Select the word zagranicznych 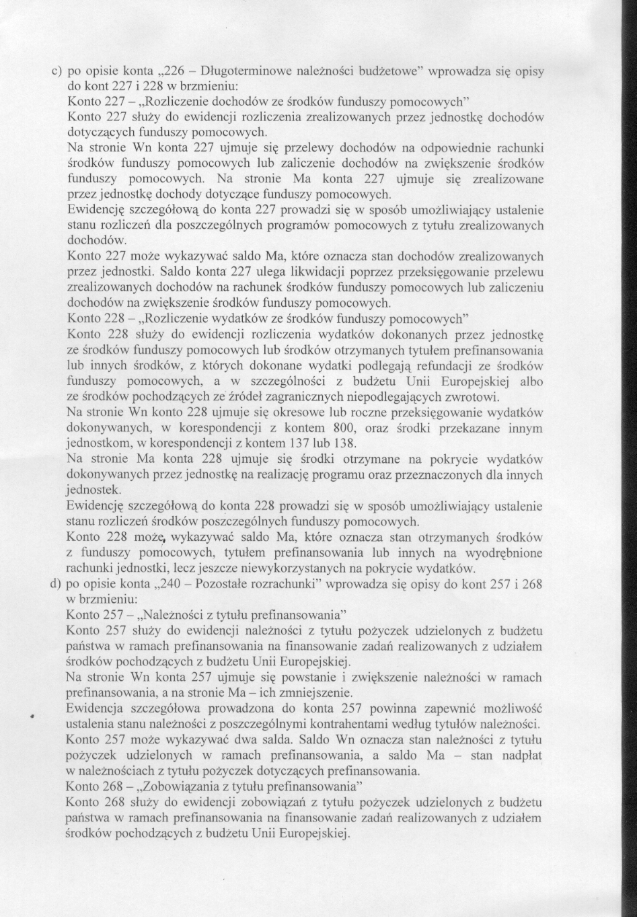[x=309, y=397]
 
